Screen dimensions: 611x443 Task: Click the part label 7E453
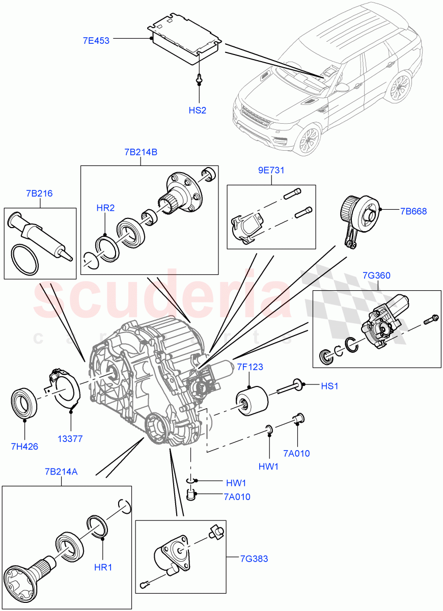(96, 40)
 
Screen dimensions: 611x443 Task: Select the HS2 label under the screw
(197, 110)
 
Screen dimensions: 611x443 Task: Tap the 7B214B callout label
(140, 152)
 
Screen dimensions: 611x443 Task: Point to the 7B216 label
(39, 193)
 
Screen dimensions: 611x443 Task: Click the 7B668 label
(413, 210)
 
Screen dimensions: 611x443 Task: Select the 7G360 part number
(376, 275)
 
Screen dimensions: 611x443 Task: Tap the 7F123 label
(249, 367)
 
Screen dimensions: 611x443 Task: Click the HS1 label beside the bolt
(329, 386)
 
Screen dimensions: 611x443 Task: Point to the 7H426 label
(24, 446)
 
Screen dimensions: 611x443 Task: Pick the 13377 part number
(70, 438)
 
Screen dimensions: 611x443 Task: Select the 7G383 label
(254, 559)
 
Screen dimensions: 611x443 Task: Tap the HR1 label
(103, 567)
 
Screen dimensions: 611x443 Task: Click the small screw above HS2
(199, 79)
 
